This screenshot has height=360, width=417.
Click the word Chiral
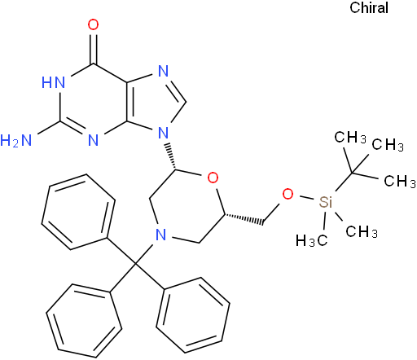[x=369, y=7]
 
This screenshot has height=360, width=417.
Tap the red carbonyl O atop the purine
[x=93, y=24]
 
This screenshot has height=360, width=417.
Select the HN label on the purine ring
[x=54, y=82]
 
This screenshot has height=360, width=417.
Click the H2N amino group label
[x=16, y=140]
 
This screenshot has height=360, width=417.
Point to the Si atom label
[x=326, y=202]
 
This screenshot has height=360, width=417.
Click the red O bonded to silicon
[x=288, y=194]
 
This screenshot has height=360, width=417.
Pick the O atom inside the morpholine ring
[x=213, y=178]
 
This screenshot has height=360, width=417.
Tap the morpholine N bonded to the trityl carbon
[x=161, y=235]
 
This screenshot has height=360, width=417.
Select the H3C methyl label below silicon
[x=311, y=240]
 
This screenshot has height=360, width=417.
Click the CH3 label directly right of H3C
[x=362, y=231]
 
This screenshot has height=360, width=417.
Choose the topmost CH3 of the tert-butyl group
[x=350, y=137]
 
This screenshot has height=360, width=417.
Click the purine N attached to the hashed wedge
[x=163, y=133]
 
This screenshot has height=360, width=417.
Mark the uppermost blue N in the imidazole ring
[x=163, y=71]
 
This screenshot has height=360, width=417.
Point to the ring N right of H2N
[x=93, y=140]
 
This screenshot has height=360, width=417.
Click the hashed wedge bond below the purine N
[x=171, y=156]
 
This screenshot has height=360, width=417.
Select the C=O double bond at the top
[x=94, y=47]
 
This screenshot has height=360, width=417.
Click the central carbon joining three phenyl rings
[x=135, y=263]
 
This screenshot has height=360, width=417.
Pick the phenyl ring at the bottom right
[x=193, y=315]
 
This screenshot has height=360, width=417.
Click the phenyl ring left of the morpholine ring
[x=78, y=212]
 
